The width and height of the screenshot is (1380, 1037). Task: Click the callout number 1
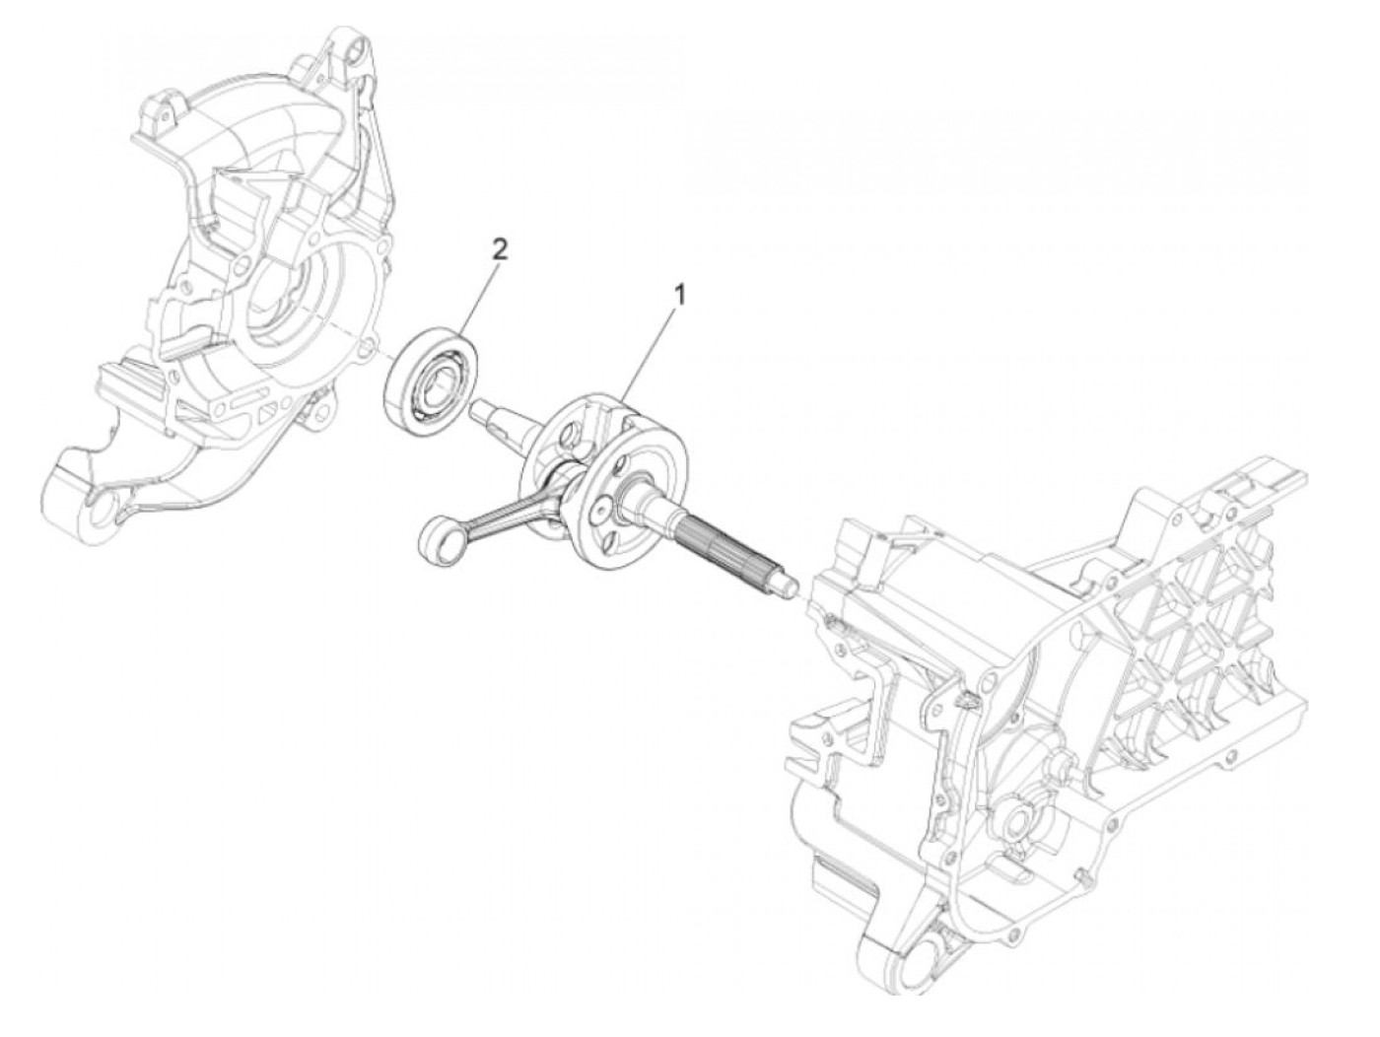[x=677, y=294]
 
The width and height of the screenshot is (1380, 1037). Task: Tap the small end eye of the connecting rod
[x=433, y=535]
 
